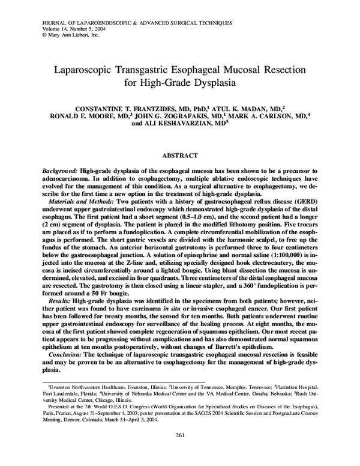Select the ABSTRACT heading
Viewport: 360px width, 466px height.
(x=179, y=155)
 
